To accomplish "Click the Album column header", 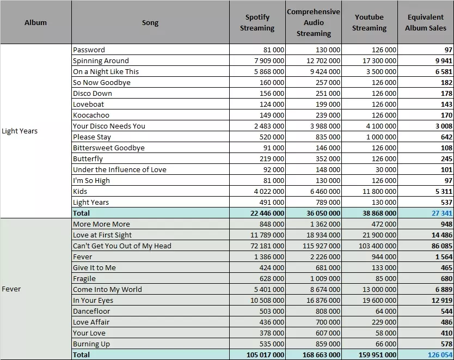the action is click(x=35, y=22).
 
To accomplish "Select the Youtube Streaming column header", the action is click(x=369, y=22).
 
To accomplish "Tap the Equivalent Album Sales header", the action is click(x=426, y=22).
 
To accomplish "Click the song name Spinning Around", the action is click(x=101, y=61).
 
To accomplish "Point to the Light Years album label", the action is click(x=20, y=131).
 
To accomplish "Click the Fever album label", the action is click(x=11, y=289).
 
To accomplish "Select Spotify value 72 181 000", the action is click(x=267, y=246).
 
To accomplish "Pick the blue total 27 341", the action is click(x=442, y=213).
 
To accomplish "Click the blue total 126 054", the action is click(x=440, y=355).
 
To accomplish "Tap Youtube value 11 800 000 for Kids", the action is click(x=379, y=192).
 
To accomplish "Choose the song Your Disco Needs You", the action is click(x=109, y=126).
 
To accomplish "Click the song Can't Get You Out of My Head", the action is click(x=122, y=246).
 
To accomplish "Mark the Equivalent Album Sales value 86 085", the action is click(x=442, y=246).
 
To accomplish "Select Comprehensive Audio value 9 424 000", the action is click(x=325, y=71).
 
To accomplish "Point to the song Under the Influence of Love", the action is click(x=120, y=170).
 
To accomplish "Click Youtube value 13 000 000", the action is click(x=379, y=289).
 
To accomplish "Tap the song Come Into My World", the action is click(x=107, y=289).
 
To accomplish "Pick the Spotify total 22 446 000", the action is click(x=267, y=213).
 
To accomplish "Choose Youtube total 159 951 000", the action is click(x=377, y=355).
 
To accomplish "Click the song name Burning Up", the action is click(x=91, y=344).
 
